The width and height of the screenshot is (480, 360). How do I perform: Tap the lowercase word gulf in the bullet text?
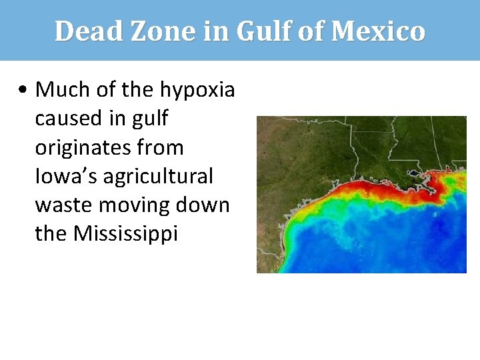[151, 119]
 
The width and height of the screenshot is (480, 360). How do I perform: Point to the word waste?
[63, 205]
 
